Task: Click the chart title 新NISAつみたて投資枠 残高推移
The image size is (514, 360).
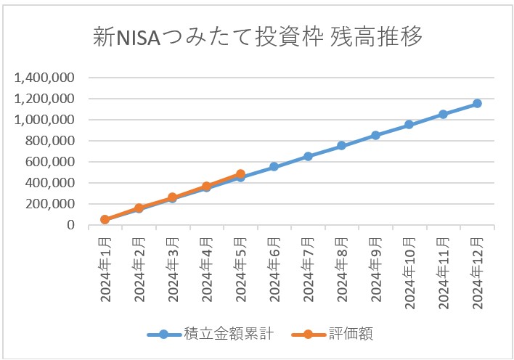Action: (258, 38)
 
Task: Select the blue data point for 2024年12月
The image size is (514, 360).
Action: (477, 104)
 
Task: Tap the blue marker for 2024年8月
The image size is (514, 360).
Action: (341, 146)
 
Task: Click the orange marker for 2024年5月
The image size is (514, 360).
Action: (240, 174)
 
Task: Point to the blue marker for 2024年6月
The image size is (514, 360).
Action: (274, 167)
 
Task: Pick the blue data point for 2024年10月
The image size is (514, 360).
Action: (409, 125)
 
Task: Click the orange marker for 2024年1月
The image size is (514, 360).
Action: (105, 219)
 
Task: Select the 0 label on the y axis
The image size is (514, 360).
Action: (71, 226)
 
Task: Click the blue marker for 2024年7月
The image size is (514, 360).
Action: (308, 156)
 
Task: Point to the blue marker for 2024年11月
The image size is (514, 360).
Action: (443, 114)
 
